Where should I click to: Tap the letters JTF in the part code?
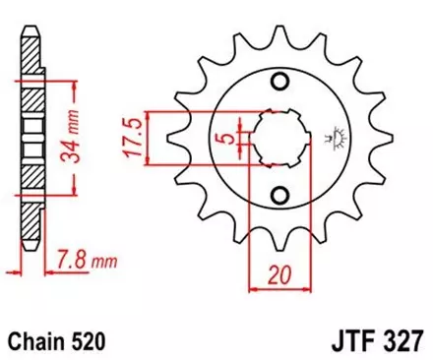(x=345, y=340)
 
